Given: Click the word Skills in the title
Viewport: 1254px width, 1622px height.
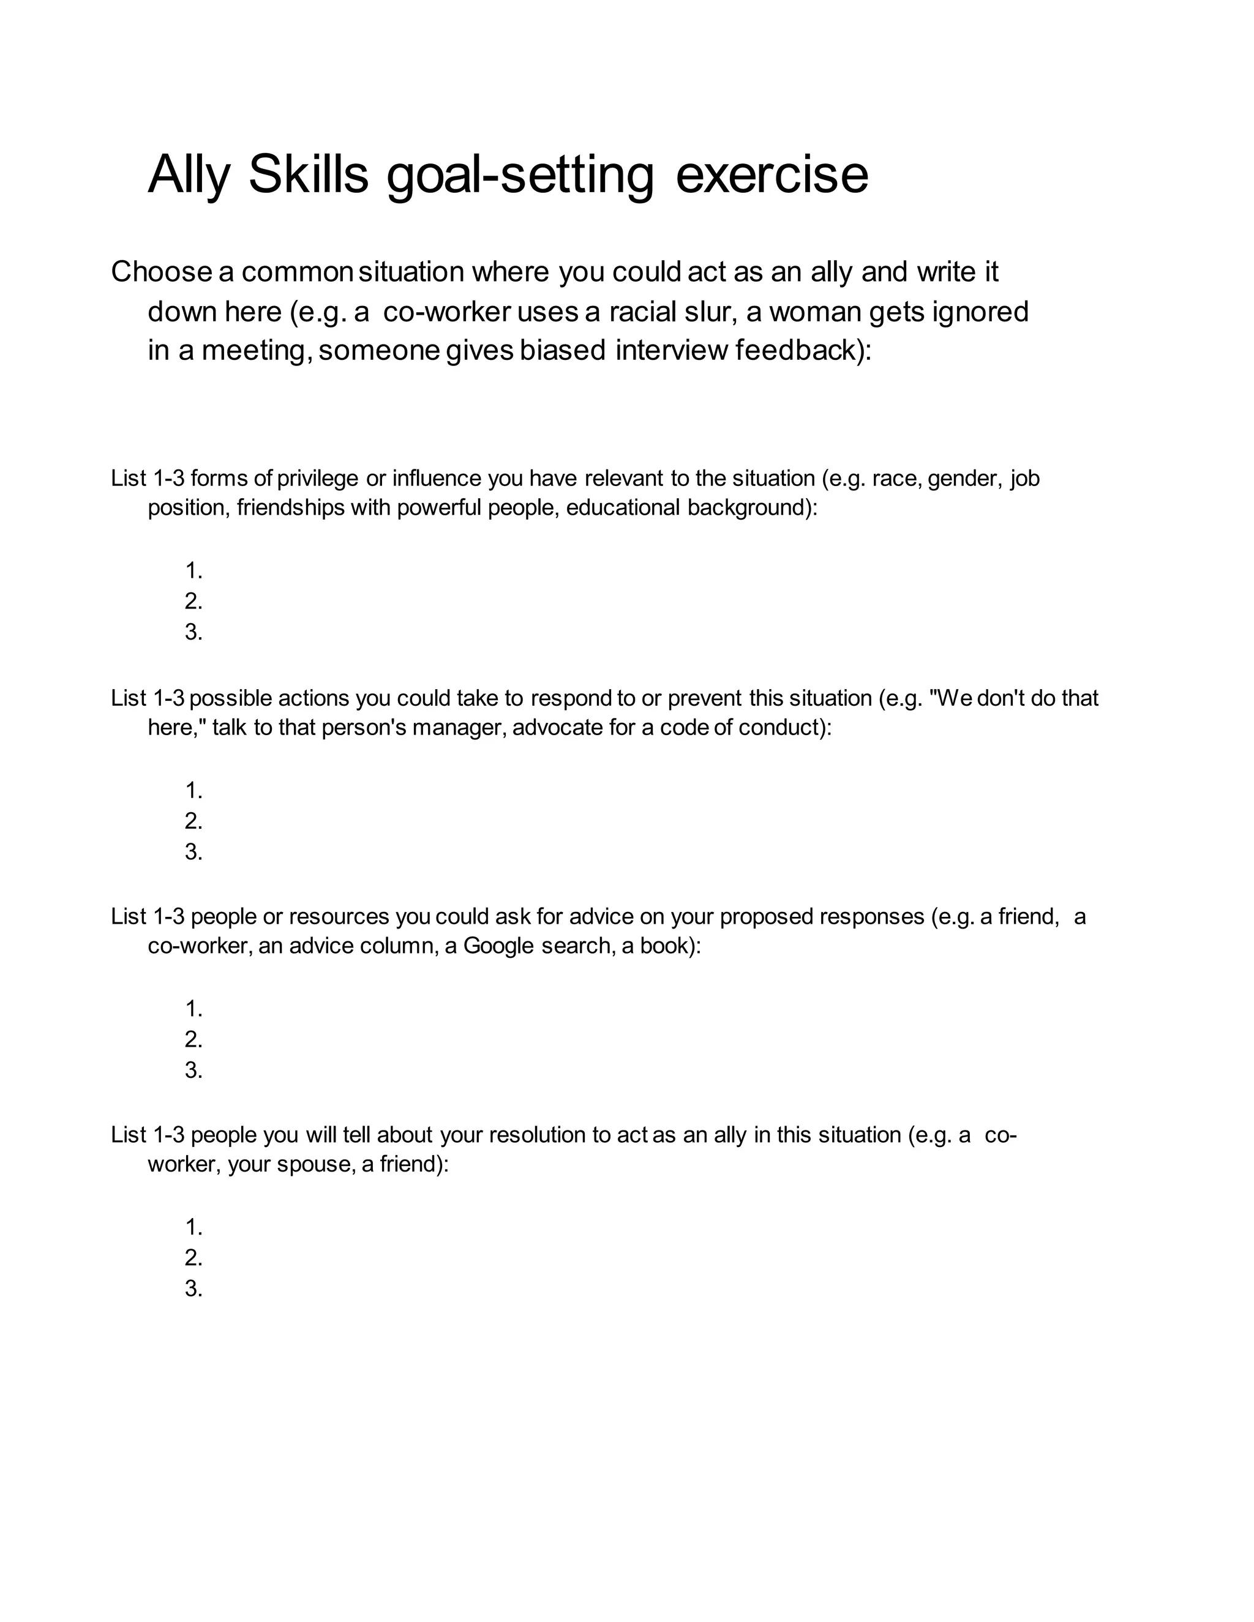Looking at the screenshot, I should click(x=309, y=174).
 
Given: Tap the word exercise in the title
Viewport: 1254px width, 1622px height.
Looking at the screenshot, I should click(x=772, y=174).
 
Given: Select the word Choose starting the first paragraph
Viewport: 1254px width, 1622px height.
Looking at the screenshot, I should click(x=161, y=272).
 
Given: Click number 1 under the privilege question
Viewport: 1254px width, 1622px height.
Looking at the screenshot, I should click(x=193, y=571).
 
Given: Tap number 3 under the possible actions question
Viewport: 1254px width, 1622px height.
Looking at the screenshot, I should click(x=193, y=852).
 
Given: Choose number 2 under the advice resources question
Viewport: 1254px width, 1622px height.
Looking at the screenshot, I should click(x=193, y=1040).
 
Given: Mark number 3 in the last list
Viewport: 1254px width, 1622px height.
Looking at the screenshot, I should click(x=193, y=1288).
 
